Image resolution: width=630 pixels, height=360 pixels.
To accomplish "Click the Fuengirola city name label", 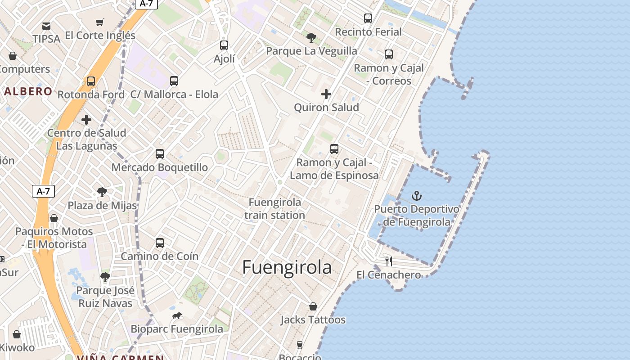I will [287, 267].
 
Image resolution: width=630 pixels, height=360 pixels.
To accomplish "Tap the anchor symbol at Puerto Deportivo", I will [417, 196].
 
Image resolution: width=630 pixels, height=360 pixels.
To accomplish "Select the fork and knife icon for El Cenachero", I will [389, 261].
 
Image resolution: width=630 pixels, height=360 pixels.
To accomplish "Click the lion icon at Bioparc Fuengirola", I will [177, 316].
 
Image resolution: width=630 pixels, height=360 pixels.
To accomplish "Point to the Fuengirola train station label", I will [274, 209].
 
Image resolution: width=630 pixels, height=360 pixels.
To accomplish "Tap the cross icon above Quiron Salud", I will [326, 94].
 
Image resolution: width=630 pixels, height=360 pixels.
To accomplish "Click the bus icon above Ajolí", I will [224, 45].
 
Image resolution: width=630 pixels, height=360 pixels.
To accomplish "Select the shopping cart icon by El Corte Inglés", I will [100, 22].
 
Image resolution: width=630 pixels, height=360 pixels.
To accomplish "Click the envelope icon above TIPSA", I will [46, 26].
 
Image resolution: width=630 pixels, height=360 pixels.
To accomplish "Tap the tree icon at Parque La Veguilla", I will [311, 37].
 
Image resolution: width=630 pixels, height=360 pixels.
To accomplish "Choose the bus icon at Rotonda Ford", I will [91, 81].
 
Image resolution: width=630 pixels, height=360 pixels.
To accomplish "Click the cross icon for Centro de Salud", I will [86, 120].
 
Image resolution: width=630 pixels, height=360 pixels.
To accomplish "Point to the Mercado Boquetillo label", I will [160, 167].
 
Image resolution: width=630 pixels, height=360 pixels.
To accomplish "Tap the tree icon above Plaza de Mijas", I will [102, 192].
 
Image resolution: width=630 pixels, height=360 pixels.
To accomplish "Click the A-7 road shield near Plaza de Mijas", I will [43, 191].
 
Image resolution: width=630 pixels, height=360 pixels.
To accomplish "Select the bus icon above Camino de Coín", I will [160, 243].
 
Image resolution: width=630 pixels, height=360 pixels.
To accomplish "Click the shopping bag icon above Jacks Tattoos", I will [313, 306].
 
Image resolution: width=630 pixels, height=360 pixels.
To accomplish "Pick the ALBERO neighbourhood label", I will [28, 91].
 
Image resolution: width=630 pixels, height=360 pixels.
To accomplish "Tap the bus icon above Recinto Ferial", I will [368, 18].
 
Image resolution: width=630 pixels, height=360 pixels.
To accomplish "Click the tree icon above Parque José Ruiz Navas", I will [105, 277].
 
